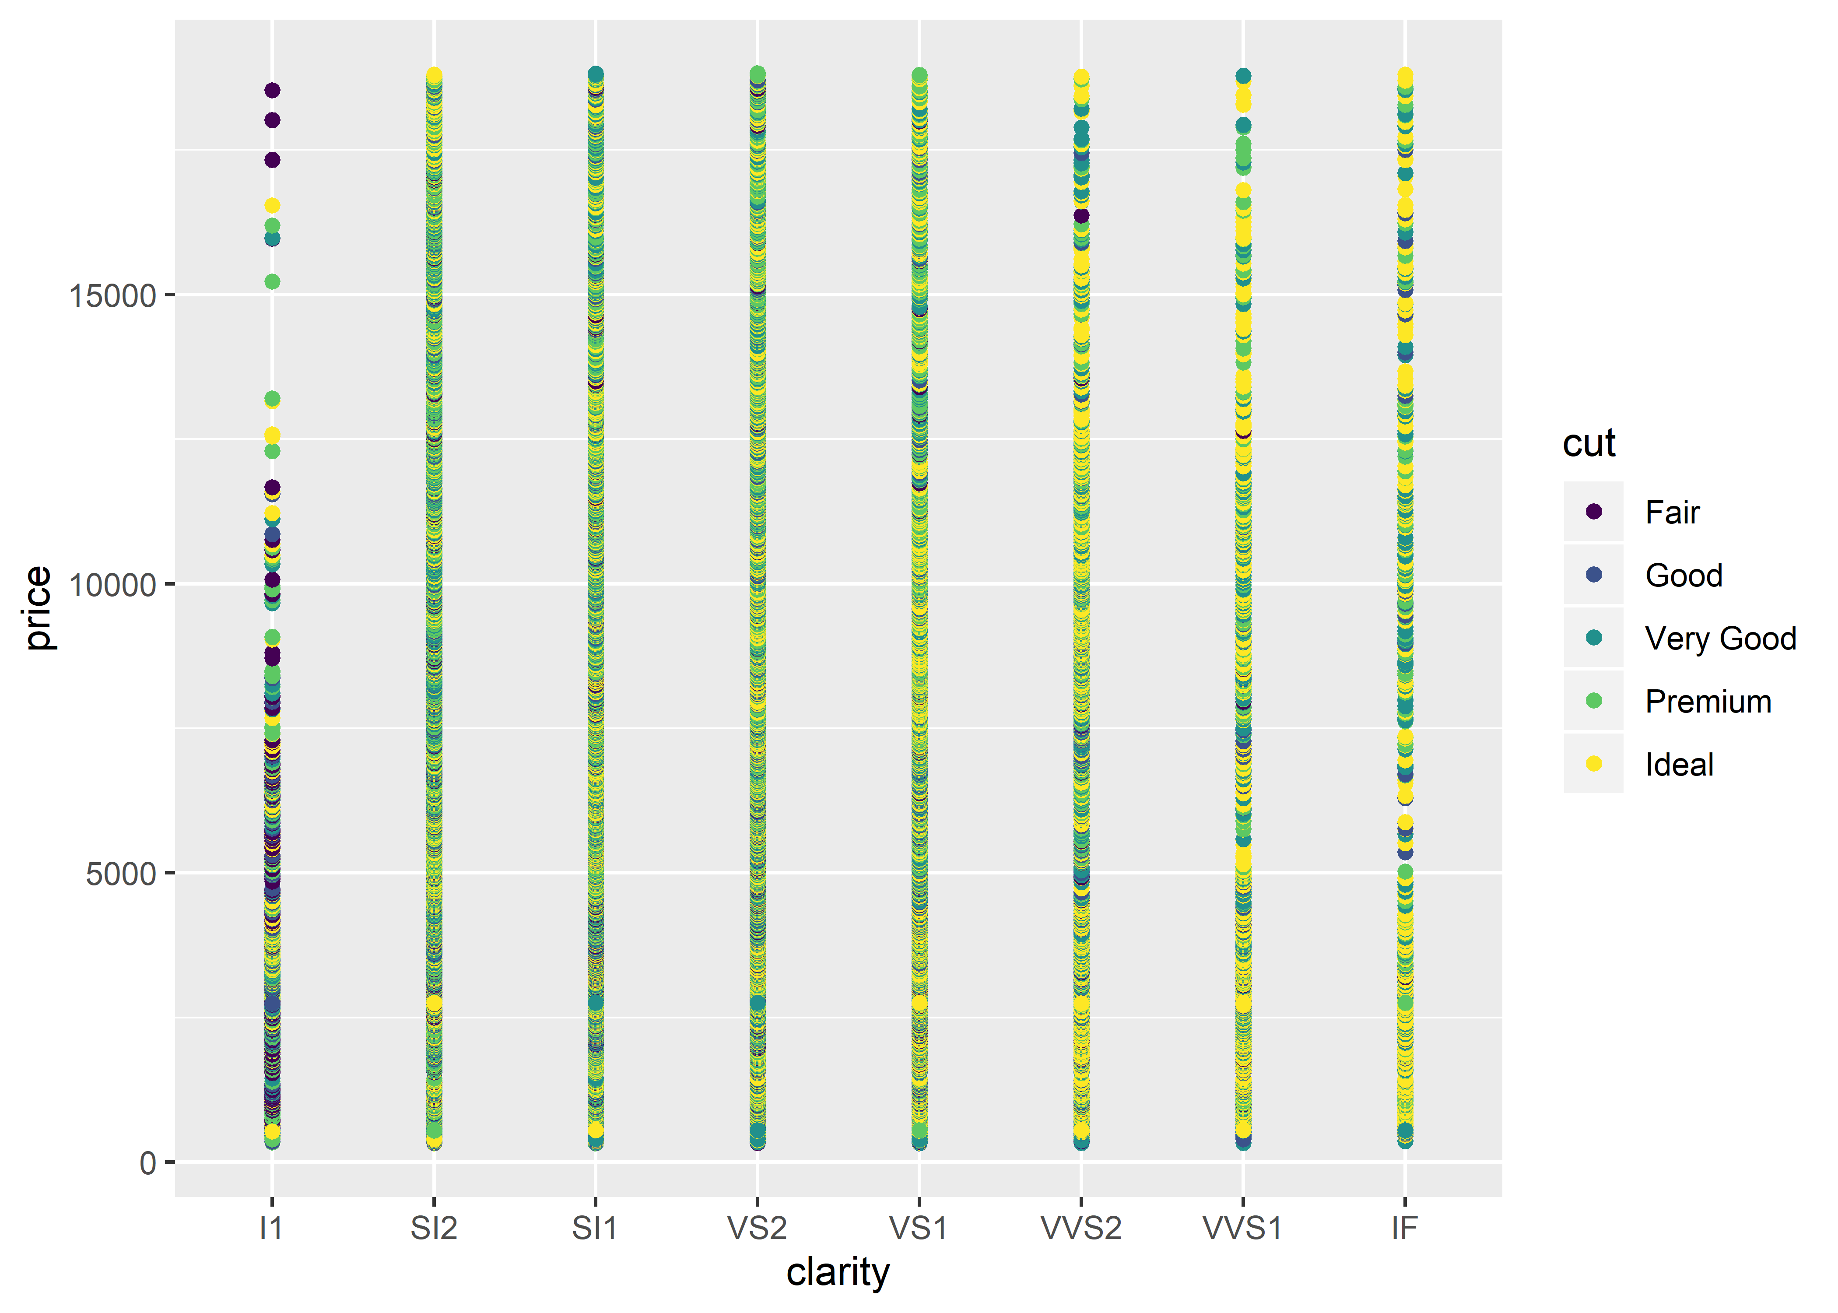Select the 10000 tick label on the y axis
pyautogui.click(x=112, y=585)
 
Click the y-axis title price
pyautogui.click(x=38, y=608)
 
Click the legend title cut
pyautogui.click(x=1588, y=443)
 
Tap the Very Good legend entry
pyautogui.click(x=1720, y=639)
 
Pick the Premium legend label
pyautogui.click(x=1708, y=702)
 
